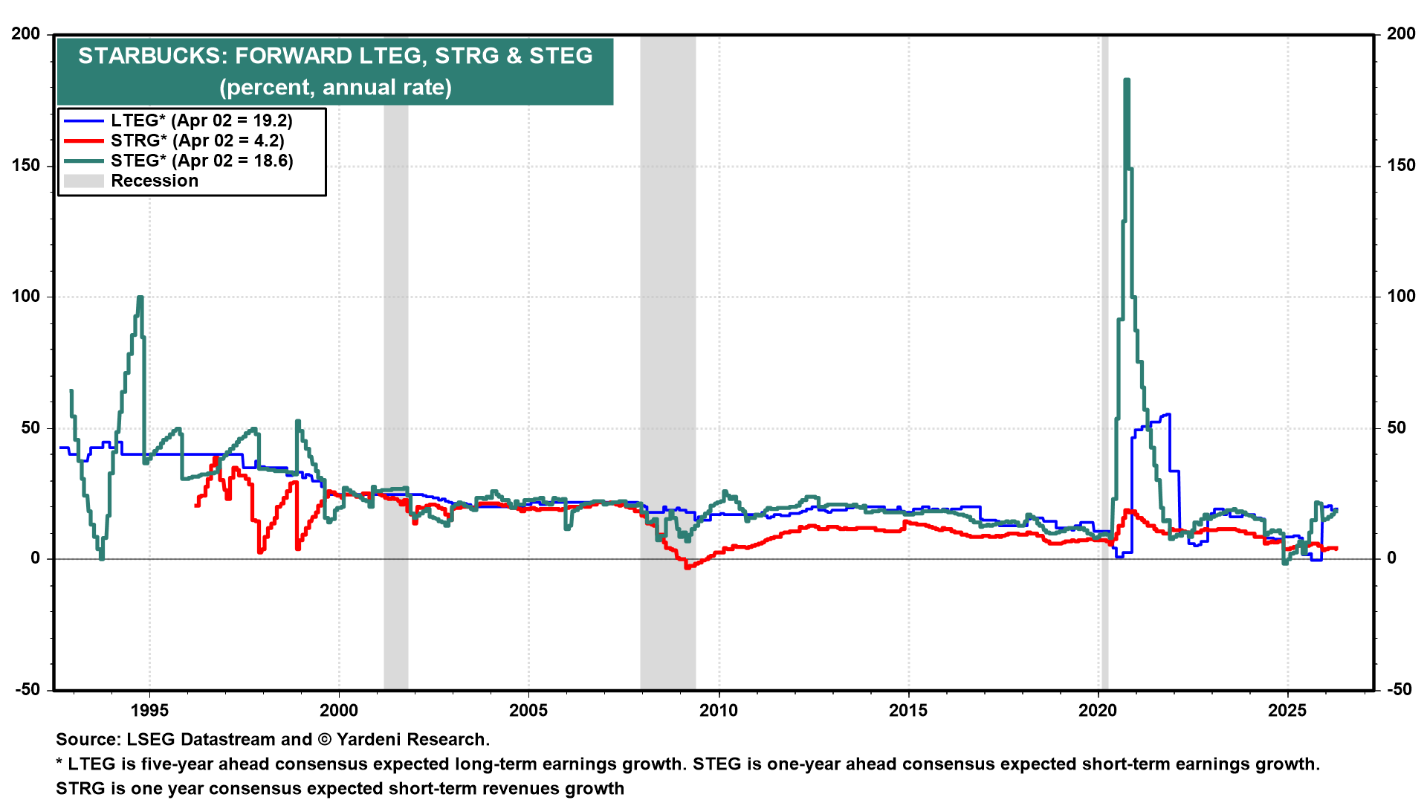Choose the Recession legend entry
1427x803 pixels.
pos(155,181)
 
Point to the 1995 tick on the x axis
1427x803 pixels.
pos(149,710)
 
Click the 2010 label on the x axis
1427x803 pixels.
pos(719,710)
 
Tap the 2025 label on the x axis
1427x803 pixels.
pos(1287,710)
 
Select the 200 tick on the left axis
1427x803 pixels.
pos(26,34)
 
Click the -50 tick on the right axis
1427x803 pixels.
pos(1401,689)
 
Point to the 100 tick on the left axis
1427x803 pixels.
pos(26,297)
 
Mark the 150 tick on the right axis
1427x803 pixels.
pos(1401,166)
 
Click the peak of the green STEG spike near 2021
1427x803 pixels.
pos(1127,80)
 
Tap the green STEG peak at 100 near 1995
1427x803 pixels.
pos(140,298)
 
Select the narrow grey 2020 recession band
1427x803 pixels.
pos(1104,372)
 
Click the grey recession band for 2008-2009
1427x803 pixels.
pos(667,372)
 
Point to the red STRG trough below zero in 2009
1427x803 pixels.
pos(687,567)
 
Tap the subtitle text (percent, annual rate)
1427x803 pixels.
pos(335,88)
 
